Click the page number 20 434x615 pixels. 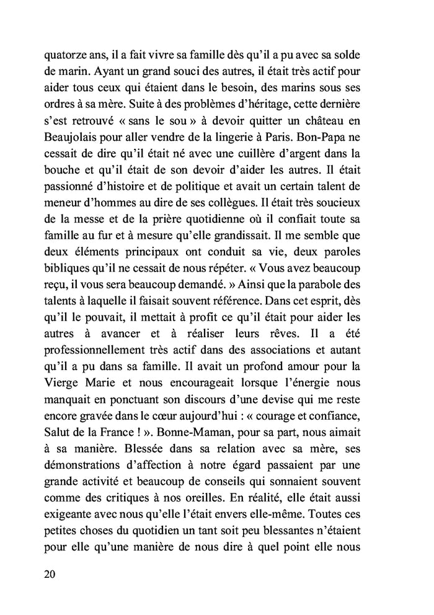(51, 574)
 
